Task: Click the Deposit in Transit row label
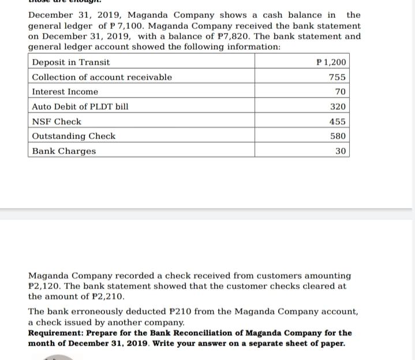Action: click(x=71, y=62)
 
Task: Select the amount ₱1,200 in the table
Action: click(x=331, y=62)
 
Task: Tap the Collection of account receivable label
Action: click(x=102, y=77)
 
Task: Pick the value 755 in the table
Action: click(x=337, y=77)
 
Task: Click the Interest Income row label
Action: click(x=65, y=92)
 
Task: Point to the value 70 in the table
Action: click(x=340, y=92)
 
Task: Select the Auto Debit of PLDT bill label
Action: click(x=80, y=107)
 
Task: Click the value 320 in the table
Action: click(x=337, y=107)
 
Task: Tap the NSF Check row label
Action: click(x=57, y=122)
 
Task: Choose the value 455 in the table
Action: click(x=337, y=122)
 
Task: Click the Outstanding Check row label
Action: click(x=74, y=136)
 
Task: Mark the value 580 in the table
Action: click(x=337, y=136)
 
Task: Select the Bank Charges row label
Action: click(x=64, y=151)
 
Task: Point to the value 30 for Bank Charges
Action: click(x=340, y=151)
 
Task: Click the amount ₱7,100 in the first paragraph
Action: click(x=128, y=26)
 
